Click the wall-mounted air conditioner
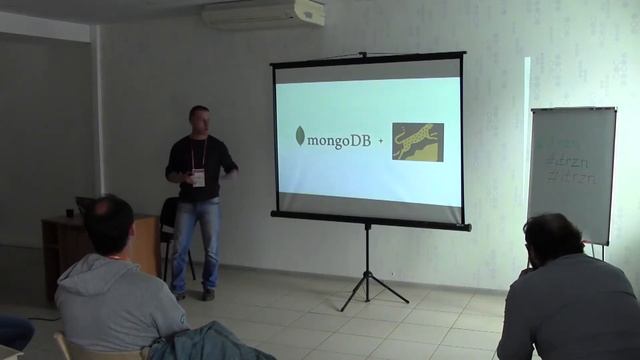click(x=264, y=13)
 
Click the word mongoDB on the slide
click(x=339, y=140)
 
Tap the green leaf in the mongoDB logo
click(x=300, y=137)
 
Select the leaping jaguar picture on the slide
click(x=417, y=142)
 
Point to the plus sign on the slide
click(x=380, y=142)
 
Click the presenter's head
click(x=199, y=118)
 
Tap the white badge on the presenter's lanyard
click(x=199, y=178)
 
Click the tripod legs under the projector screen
click(x=369, y=275)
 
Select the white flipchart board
click(x=572, y=175)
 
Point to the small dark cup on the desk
click(x=69, y=212)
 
